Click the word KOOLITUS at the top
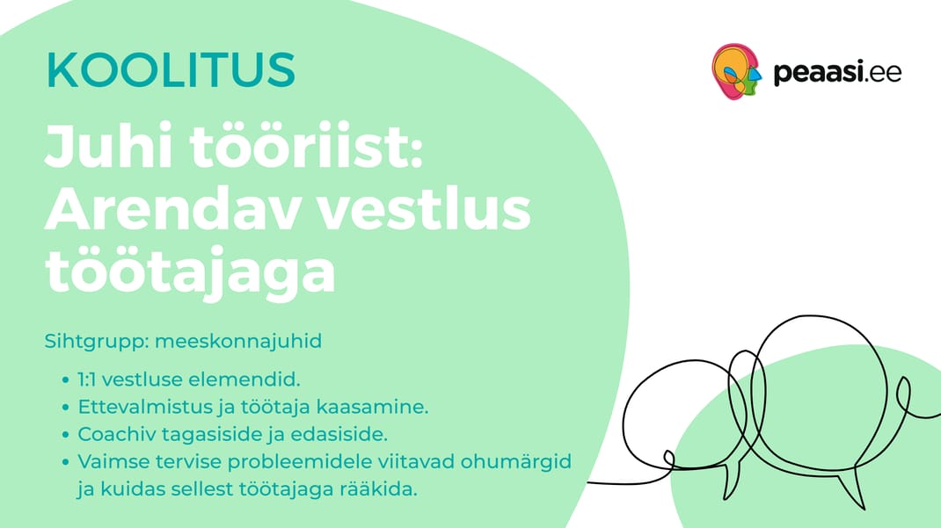(x=171, y=70)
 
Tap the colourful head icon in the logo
(x=736, y=70)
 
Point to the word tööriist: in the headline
(x=307, y=146)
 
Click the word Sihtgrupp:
(x=97, y=342)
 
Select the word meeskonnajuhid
(x=238, y=341)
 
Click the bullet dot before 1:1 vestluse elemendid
(x=65, y=380)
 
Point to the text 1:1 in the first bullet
(x=90, y=380)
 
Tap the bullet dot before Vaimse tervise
(x=65, y=462)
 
